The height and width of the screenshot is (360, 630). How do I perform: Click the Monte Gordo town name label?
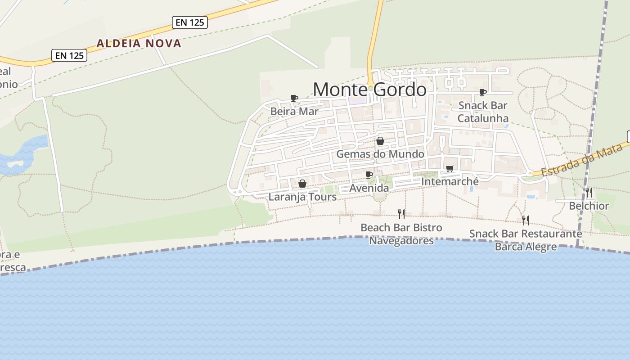pos(369,90)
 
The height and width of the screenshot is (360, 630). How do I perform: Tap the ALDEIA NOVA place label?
pos(139,44)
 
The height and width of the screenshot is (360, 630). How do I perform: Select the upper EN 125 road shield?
pos(190,22)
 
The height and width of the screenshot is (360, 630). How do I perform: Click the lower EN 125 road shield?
pos(69,55)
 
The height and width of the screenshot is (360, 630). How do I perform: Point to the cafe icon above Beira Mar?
pos(294,98)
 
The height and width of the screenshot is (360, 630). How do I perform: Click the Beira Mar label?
pos(294,111)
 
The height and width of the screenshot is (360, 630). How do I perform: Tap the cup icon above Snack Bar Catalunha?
pos(483,92)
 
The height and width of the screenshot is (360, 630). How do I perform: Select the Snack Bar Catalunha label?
pos(483,112)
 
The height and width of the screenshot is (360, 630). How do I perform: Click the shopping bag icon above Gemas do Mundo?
pos(380,141)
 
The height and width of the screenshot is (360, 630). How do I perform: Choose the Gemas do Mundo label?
pos(380,154)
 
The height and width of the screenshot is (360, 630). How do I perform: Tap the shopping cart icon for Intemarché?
pos(450,168)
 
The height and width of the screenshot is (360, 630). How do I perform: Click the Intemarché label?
pos(450,181)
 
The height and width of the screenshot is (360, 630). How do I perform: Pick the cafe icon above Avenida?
pos(369,175)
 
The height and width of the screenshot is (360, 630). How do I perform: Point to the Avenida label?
pos(369,188)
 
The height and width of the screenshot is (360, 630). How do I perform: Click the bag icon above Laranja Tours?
pos(302,184)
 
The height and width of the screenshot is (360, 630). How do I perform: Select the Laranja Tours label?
pos(302,197)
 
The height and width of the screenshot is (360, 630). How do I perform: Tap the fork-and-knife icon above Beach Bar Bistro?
pos(401,214)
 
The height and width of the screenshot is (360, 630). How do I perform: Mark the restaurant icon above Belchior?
pos(589,193)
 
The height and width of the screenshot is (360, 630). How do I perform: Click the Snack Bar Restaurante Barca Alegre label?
pos(526,240)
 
